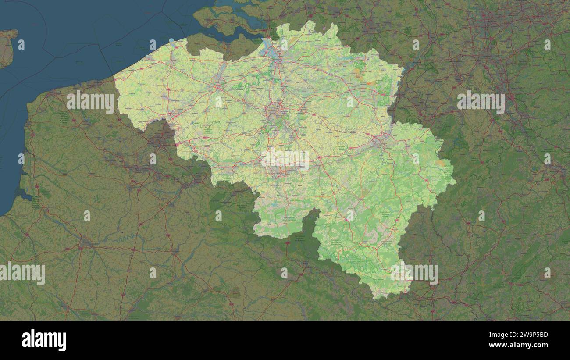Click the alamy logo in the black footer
(x=44, y=340)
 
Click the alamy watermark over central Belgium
(x=285, y=160)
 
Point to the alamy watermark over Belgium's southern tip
(x=414, y=274)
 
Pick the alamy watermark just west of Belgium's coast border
(x=90, y=101)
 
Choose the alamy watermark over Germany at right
(x=481, y=101)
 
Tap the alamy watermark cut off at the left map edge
(x=22, y=273)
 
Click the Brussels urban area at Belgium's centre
(x=276, y=112)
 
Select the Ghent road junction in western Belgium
(x=218, y=86)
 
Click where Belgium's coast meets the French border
(x=114, y=78)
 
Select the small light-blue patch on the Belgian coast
(x=171, y=42)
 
